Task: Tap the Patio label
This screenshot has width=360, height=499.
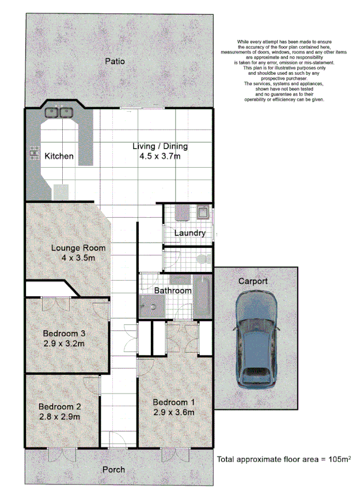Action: click(115, 61)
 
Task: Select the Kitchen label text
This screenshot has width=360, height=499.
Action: click(59, 156)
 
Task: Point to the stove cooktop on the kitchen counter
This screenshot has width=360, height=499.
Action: click(33, 154)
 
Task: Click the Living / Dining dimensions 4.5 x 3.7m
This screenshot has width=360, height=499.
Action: click(160, 156)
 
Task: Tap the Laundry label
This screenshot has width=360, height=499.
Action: click(190, 233)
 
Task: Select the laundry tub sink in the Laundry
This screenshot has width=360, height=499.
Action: click(203, 213)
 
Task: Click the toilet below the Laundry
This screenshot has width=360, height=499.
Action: click(202, 258)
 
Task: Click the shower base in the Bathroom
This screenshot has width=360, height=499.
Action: click(151, 306)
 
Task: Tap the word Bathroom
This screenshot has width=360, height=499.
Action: click(172, 290)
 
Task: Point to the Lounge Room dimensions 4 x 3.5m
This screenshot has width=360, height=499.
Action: click(71, 258)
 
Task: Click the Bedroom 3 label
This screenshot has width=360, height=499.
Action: click(65, 333)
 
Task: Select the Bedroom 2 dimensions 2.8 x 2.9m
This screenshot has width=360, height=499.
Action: click(59, 417)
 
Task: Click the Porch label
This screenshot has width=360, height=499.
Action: click(113, 470)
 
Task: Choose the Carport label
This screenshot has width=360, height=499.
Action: click(253, 281)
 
